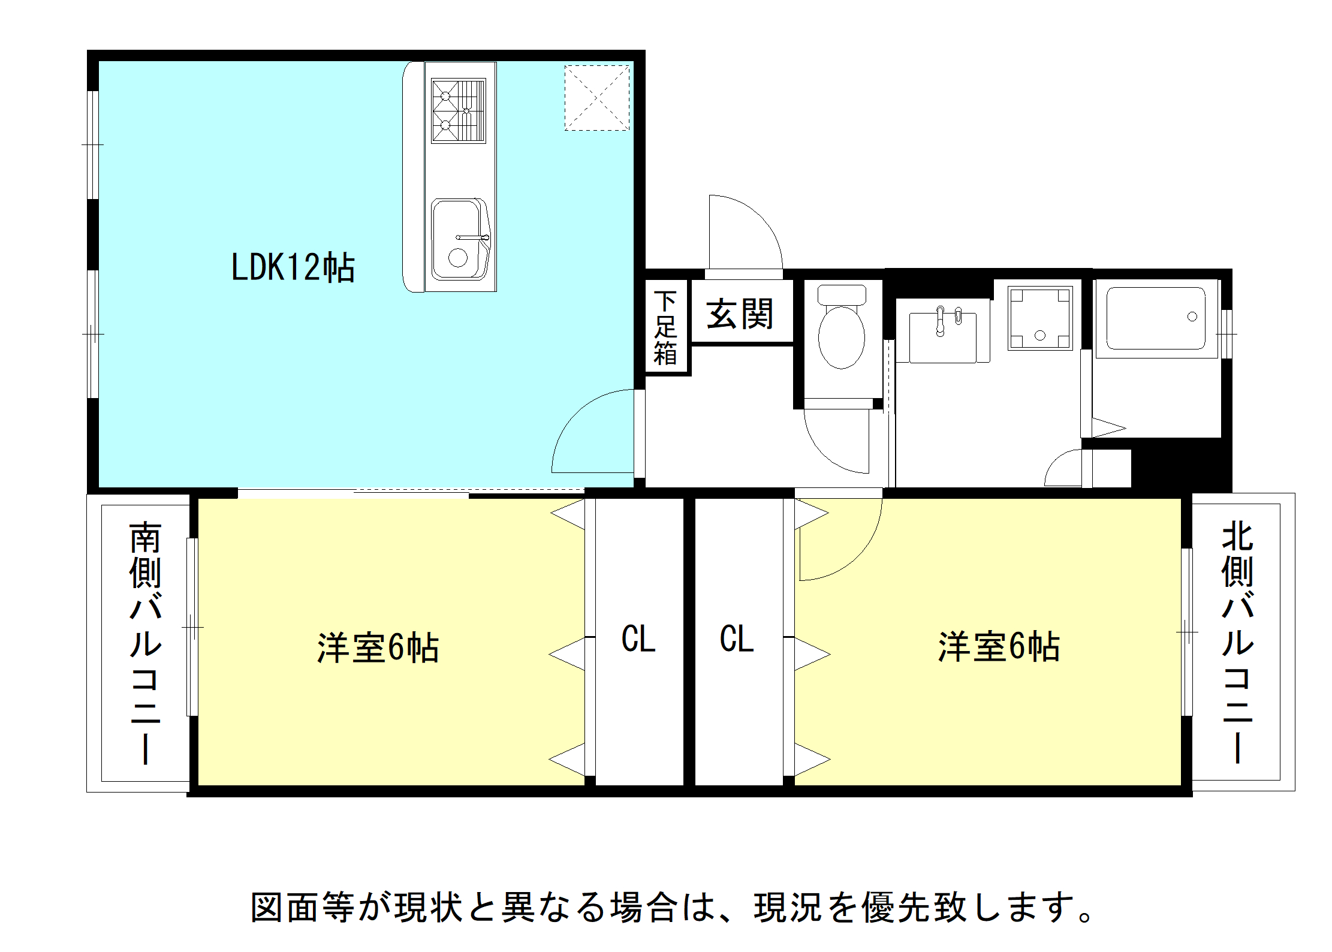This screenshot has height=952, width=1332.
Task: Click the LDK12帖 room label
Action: [293, 267]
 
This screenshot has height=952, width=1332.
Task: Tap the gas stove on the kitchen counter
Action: [459, 111]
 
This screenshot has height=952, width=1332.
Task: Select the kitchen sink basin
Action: [459, 239]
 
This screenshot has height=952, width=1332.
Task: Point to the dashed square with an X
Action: [597, 98]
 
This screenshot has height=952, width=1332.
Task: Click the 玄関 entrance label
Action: [740, 314]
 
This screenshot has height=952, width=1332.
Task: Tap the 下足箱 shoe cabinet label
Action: [665, 328]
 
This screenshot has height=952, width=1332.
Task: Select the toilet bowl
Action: [842, 327]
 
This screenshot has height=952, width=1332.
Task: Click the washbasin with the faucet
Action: [943, 337]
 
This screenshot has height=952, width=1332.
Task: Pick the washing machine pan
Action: [1040, 318]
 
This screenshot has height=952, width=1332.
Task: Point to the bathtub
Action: [1156, 318]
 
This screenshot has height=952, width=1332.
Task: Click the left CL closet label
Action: [638, 639]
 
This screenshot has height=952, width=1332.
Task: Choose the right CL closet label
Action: [737, 639]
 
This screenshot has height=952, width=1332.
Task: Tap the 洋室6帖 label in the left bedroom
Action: [378, 648]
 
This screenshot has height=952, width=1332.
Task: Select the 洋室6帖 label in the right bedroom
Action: [999, 647]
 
